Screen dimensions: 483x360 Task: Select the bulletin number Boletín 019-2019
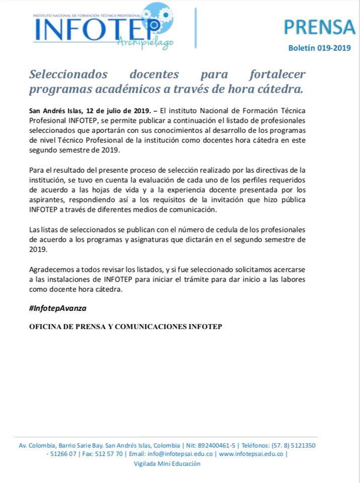click(x=319, y=48)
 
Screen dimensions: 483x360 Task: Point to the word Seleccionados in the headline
click(x=68, y=74)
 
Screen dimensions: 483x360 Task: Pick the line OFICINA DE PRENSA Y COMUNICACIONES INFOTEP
click(x=126, y=327)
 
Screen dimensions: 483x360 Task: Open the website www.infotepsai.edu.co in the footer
click(x=251, y=454)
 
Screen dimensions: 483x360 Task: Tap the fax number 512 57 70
click(x=109, y=454)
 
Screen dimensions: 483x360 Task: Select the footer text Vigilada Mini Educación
click(x=167, y=463)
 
